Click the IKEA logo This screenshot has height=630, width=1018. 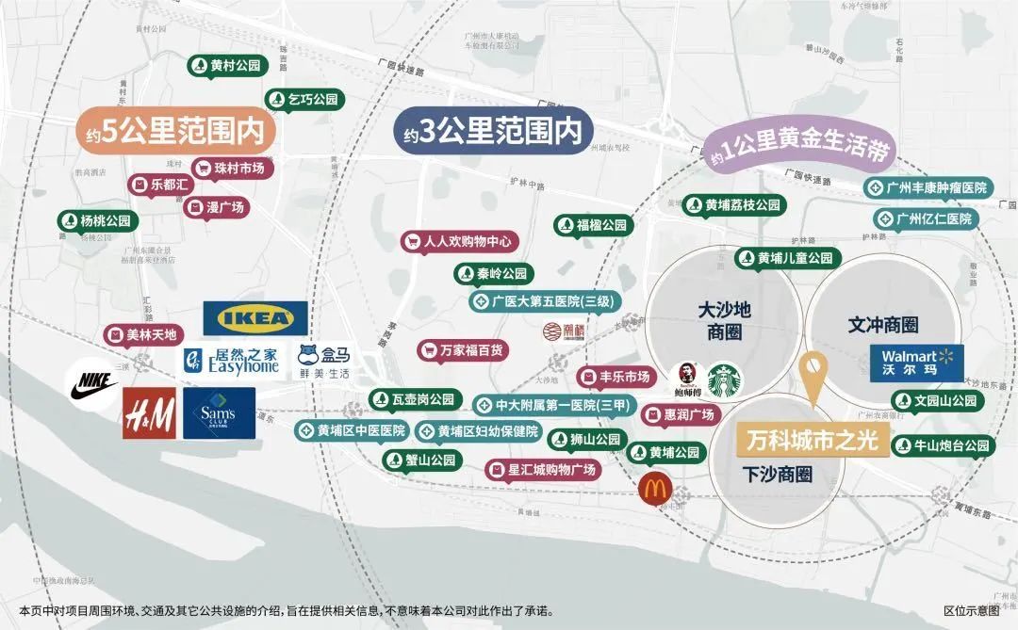click(x=254, y=318)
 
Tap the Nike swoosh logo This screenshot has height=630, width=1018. click(x=91, y=388)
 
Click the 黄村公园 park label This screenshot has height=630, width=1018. click(x=227, y=66)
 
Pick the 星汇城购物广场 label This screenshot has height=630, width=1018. click(x=542, y=469)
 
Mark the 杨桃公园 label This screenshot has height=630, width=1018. click(x=98, y=221)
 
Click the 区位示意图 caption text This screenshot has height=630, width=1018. click(x=970, y=610)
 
